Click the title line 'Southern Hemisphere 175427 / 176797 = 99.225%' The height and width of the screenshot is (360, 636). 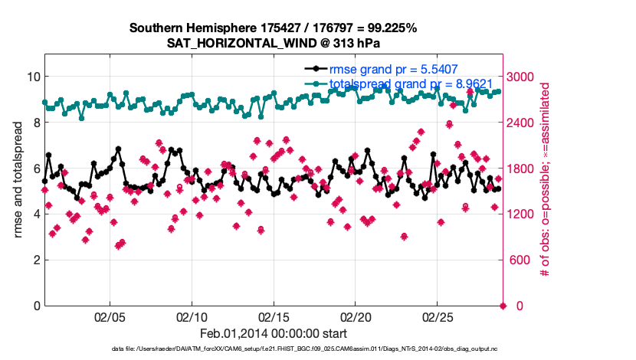[273, 28]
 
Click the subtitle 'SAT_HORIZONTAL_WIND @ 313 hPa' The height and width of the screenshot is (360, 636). [273, 43]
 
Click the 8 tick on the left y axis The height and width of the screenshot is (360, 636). [36, 123]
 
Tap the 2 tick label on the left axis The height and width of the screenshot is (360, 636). [36, 260]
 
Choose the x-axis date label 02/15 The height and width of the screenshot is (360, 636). [274, 316]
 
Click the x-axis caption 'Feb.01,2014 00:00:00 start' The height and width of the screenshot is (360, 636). [273, 333]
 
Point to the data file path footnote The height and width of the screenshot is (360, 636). [273, 349]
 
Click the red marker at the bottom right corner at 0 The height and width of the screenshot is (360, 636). [503, 306]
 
